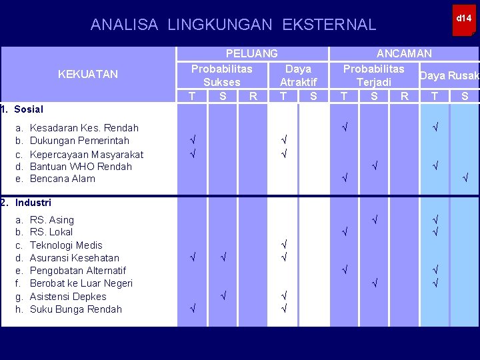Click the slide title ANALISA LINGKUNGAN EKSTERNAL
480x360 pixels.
pyautogui.click(x=233, y=25)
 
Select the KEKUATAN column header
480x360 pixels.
pyautogui.click(x=88, y=74)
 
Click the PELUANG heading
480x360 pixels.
pyautogui.click(x=252, y=53)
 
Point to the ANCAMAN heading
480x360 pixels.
pyautogui.click(x=404, y=53)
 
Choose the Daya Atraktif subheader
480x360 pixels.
pyautogui.click(x=298, y=75)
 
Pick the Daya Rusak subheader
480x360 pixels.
pyautogui.click(x=449, y=76)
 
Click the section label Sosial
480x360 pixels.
pyautogui.click(x=28, y=109)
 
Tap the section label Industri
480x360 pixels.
pyautogui.click(x=33, y=202)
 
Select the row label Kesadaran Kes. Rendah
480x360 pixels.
pyautogui.click(x=85, y=127)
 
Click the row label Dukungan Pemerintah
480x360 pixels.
pyautogui.click(x=80, y=141)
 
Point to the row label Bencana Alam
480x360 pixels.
pyautogui.click(x=63, y=179)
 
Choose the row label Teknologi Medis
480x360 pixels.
pyautogui.click(x=67, y=245)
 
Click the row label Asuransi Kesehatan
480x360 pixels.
pyautogui.click(x=75, y=258)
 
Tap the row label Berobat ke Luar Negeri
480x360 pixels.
pyautogui.click(x=81, y=283)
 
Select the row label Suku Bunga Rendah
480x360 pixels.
pyautogui.click(x=76, y=309)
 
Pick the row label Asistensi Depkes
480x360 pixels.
pyautogui.click(x=68, y=297)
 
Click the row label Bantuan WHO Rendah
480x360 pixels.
pyautogui.click(x=81, y=167)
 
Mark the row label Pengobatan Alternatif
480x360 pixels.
pyautogui.click(x=78, y=271)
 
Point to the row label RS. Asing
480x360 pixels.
pyautogui.click(x=53, y=220)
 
